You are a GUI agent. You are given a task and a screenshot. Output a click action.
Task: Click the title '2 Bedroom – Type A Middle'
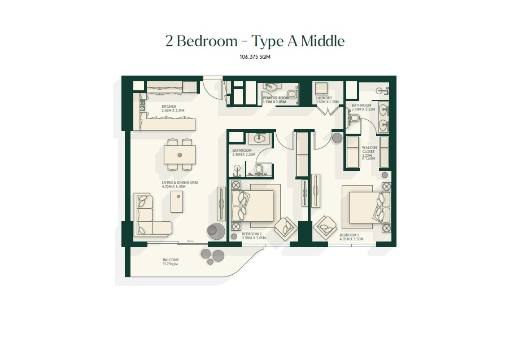[255, 41]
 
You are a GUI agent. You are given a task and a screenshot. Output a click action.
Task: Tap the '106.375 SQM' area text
[255, 57]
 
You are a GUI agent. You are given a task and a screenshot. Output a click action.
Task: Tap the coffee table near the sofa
[177, 201]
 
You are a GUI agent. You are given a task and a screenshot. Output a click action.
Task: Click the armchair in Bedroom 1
[326, 227]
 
